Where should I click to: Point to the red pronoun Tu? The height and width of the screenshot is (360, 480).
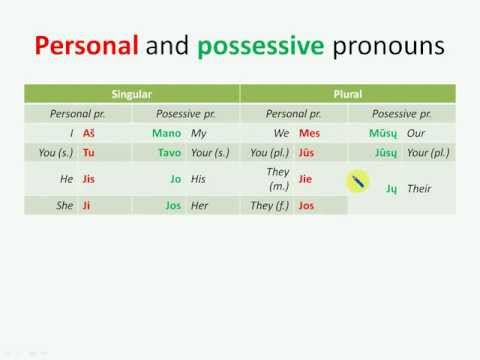coord(89,153)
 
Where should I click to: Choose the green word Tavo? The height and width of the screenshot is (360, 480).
coord(167,153)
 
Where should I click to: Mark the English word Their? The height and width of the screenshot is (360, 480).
coord(419,188)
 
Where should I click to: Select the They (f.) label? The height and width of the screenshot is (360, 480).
coord(268,205)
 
